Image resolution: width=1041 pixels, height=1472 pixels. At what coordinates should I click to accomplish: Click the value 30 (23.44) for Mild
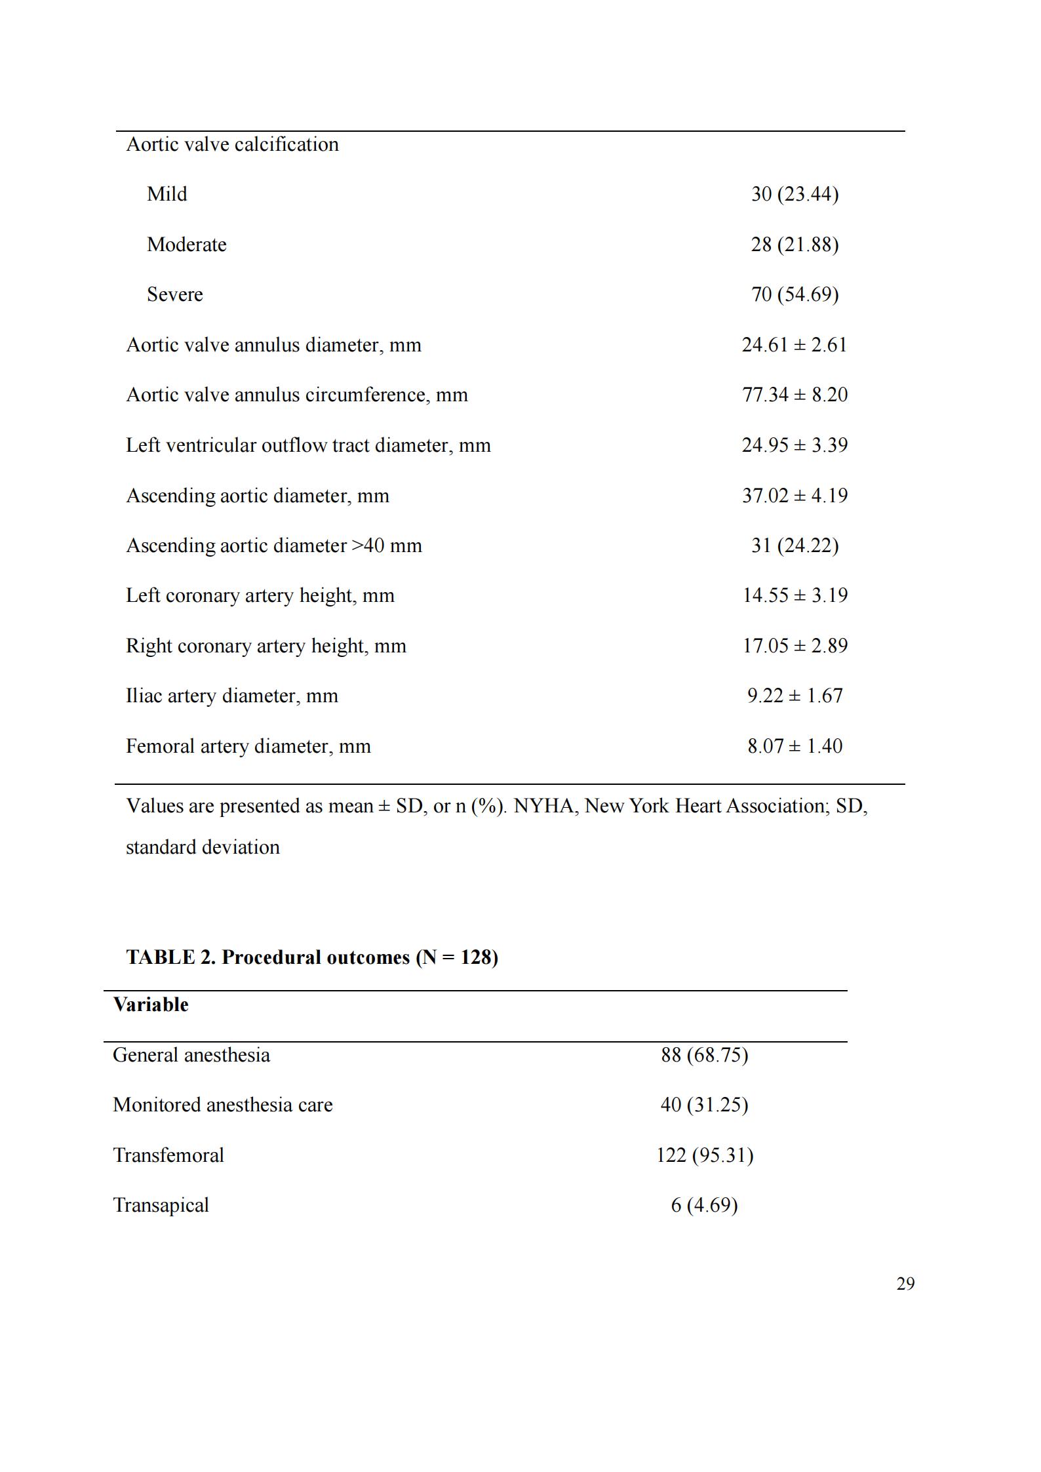coord(795,194)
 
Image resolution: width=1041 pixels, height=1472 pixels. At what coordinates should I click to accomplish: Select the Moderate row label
coord(187,245)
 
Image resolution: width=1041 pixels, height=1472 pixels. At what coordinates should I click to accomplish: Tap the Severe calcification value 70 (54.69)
coord(795,294)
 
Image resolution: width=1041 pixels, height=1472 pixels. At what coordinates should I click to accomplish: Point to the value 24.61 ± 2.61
coord(795,345)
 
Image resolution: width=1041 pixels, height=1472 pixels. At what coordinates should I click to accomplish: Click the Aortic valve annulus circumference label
coord(297,395)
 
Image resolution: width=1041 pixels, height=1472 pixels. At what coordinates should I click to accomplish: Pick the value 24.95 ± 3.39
coord(795,445)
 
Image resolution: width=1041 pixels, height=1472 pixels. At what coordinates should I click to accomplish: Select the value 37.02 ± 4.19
coord(795,495)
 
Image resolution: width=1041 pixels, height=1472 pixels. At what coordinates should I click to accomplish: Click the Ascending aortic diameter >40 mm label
coord(274,546)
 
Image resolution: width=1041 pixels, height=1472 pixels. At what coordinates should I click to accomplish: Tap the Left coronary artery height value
coord(795,595)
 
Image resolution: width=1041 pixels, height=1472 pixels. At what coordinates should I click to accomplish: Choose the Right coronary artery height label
coord(266,646)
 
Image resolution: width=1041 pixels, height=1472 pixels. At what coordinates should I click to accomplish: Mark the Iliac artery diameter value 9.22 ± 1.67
coord(795,696)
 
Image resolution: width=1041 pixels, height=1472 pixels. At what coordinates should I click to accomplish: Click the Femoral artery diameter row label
coord(248,746)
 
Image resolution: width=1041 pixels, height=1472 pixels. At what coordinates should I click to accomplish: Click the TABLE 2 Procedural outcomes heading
coord(312,957)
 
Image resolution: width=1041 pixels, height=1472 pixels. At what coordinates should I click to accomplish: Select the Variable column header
coord(151,1005)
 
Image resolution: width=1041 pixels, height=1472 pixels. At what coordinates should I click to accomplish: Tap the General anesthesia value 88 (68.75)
coord(705,1055)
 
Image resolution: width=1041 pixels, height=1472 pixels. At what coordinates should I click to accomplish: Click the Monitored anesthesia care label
coord(223,1105)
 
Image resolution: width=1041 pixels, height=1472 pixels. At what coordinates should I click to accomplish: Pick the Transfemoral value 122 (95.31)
coord(705,1155)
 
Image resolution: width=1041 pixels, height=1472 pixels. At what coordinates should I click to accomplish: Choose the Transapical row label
coord(161,1205)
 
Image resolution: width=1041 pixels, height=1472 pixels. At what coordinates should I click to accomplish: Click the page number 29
coord(905,1283)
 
